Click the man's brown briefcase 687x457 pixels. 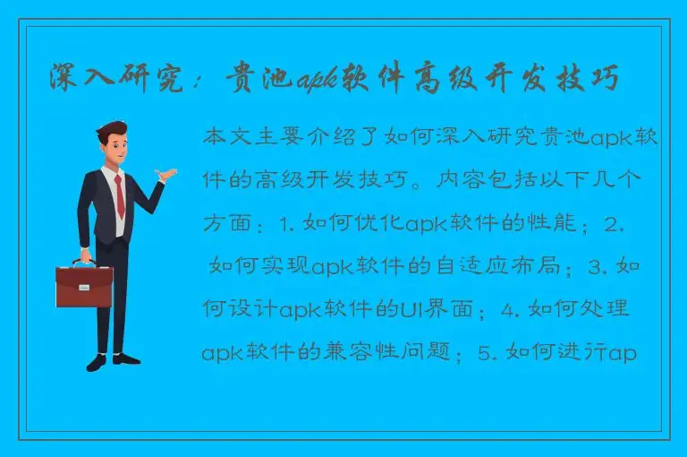(x=83, y=285)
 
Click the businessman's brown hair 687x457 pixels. (x=112, y=130)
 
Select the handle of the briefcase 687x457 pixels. (x=83, y=263)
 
